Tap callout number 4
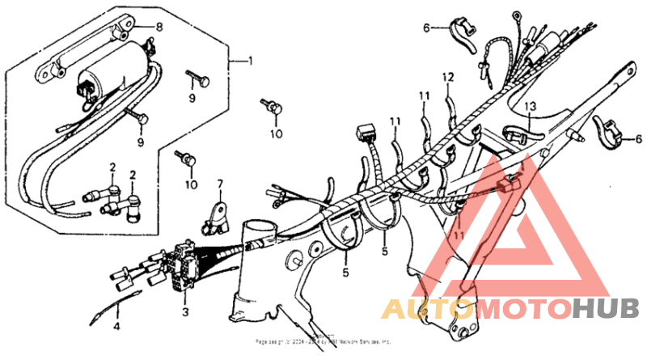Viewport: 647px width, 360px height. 116,327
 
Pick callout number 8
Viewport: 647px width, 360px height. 159,27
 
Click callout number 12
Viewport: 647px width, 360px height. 444,77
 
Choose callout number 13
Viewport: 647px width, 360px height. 530,106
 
